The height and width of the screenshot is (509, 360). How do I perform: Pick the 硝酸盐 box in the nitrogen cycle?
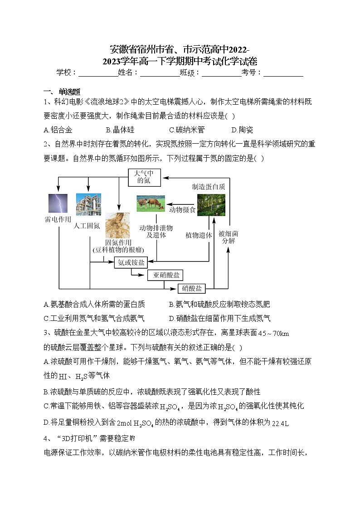[x=192, y=288]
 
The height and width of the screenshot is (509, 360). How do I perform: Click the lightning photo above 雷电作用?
[x=58, y=203]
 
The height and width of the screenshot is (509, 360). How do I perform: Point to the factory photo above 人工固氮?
[x=88, y=204]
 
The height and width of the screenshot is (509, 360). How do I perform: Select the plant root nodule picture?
[x=118, y=225]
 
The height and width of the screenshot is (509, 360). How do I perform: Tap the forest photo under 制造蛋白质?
[x=211, y=204]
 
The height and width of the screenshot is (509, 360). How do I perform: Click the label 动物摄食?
[x=182, y=210]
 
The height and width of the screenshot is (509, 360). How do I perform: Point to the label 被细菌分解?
[x=229, y=237]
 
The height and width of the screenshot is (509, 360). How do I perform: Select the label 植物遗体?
[x=199, y=235]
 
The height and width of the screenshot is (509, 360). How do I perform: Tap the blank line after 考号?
[x=283, y=73]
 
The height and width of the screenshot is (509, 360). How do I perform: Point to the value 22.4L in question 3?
[x=281, y=423]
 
